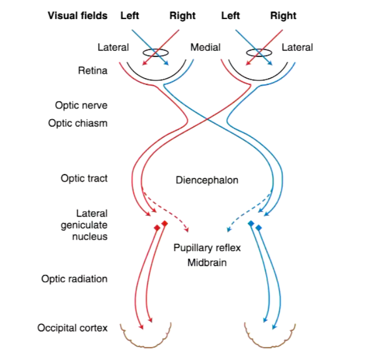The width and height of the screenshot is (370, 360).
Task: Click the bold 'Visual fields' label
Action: coord(77,15)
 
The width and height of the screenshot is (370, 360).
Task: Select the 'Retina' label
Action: coord(92,70)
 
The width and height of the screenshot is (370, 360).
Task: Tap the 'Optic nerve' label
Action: coord(81,105)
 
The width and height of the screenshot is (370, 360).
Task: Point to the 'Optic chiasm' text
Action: coord(78,123)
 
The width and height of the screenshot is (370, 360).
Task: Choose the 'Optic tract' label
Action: coord(84,178)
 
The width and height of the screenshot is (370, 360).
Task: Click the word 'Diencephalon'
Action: coord(207,180)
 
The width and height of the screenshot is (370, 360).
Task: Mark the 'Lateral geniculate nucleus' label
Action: coord(90,225)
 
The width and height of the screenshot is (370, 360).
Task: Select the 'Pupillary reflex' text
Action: coord(207,248)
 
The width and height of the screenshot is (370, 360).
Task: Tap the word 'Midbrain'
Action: coord(207,262)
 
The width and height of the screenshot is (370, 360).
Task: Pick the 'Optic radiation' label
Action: coord(75,279)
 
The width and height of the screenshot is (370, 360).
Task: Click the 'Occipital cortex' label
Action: coord(72,328)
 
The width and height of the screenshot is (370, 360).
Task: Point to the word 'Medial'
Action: coord(205,48)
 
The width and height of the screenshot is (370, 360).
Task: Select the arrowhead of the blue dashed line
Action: coord(228,230)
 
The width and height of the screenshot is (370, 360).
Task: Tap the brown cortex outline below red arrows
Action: coord(145,338)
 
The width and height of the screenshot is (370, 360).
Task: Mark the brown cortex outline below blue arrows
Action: coord(270,338)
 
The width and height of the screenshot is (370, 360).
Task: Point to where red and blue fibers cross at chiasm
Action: coord(207,120)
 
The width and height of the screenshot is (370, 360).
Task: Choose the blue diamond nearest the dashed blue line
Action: coord(251,224)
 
